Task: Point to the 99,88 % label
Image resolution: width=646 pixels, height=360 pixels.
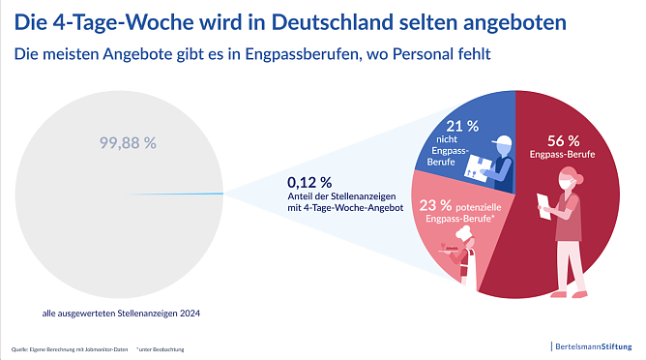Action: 128,142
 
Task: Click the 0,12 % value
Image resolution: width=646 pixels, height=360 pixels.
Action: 309,181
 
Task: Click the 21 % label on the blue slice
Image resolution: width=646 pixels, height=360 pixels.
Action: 460,126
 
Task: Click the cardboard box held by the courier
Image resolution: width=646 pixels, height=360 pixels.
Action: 478,166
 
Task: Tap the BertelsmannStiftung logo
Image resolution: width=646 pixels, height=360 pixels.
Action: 593,345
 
